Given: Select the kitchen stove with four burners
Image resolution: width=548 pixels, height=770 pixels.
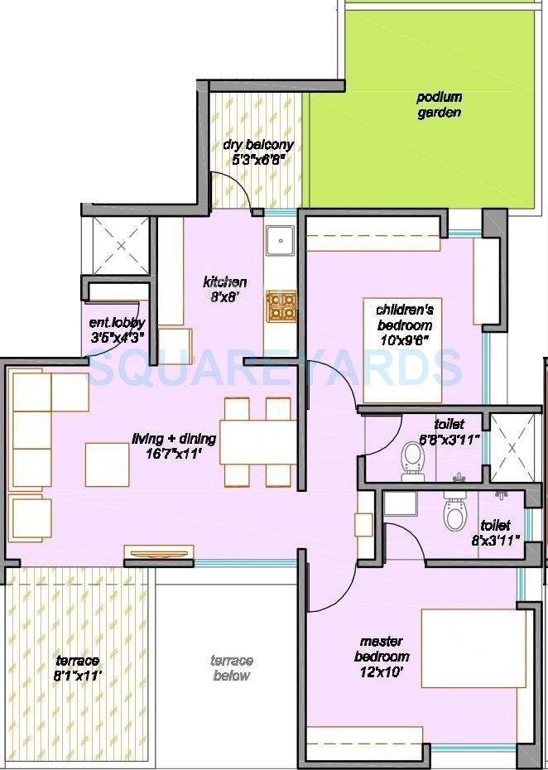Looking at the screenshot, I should click(x=280, y=306).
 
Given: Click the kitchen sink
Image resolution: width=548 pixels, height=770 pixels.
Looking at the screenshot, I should click(x=280, y=239).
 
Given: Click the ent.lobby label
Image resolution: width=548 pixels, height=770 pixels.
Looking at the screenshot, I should click(x=118, y=324).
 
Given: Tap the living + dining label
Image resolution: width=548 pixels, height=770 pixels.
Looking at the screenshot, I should click(x=175, y=439).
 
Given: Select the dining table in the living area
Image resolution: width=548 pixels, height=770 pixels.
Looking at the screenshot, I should click(x=257, y=442).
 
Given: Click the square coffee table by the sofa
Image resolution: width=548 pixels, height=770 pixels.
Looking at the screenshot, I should click(x=107, y=464).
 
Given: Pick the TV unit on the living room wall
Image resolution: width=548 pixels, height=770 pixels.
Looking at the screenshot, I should click(x=158, y=552).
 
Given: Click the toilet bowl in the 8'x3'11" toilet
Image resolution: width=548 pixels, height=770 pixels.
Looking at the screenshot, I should click(x=455, y=514).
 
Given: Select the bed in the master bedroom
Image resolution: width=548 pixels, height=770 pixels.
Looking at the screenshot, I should click(x=473, y=649).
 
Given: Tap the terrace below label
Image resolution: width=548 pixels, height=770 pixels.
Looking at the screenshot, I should click(x=231, y=667).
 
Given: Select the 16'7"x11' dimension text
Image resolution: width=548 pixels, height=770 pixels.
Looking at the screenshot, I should click(x=175, y=454).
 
